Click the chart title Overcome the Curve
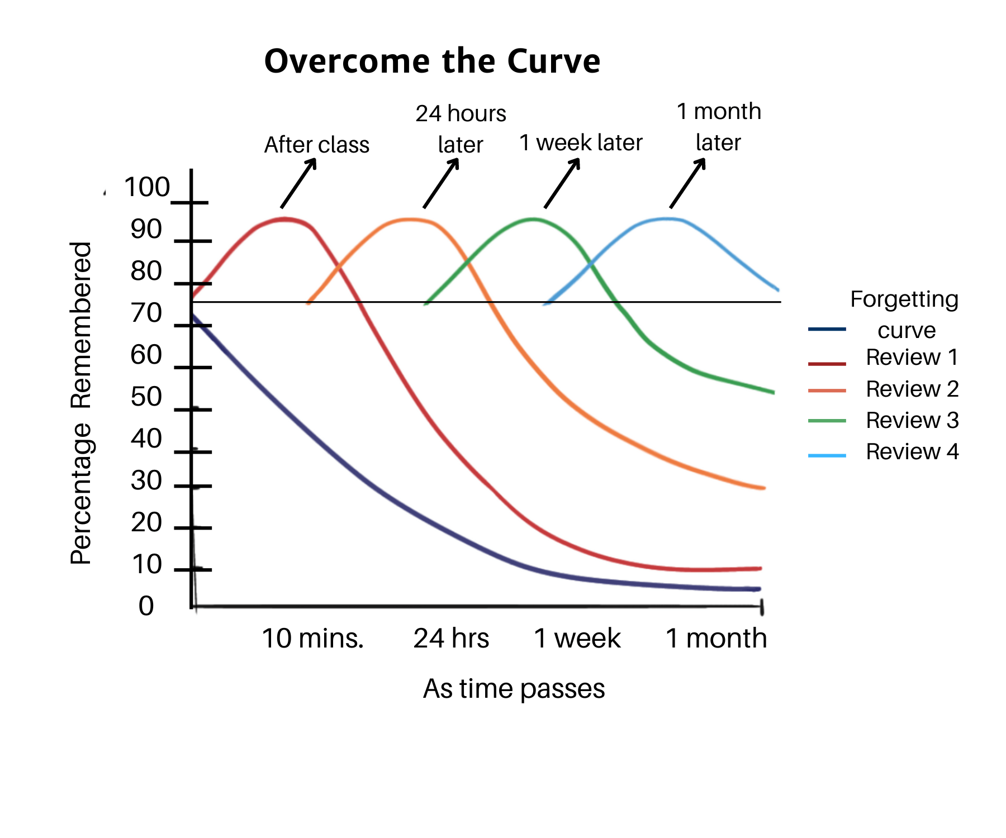[x=432, y=61]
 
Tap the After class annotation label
[x=316, y=145]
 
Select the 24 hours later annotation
[x=461, y=129]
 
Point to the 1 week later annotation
[x=581, y=142]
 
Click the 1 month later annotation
[x=719, y=127]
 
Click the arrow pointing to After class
[x=298, y=183]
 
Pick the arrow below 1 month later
[x=687, y=183]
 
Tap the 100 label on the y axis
[x=146, y=187]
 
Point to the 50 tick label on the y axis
[x=146, y=397]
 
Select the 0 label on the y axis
[x=146, y=606]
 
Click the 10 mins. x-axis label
[x=312, y=638]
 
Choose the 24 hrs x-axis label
[x=451, y=638]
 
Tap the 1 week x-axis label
[x=577, y=638]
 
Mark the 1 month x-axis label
[x=716, y=638]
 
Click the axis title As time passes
[x=514, y=688]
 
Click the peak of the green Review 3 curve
[x=533, y=219]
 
